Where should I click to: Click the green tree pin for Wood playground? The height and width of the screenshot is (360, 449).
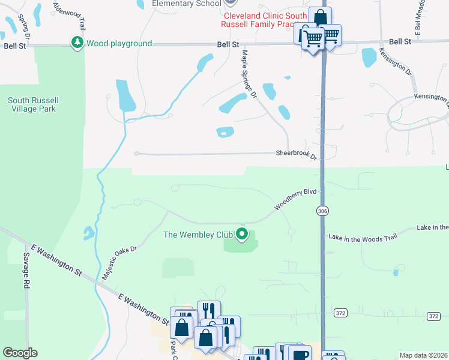tap(77, 43)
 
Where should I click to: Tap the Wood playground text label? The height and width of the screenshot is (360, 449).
tap(119, 43)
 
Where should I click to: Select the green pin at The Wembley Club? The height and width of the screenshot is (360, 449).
tap(242, 233)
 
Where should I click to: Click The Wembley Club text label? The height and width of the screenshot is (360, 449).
tap(199, 235)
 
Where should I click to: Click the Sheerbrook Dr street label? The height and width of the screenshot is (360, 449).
tap(296, 154)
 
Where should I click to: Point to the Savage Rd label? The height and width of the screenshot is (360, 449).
tap(26, 265)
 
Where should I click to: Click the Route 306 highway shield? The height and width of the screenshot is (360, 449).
tap(323, 211)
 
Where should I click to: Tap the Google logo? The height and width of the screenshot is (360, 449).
tap(20, 353)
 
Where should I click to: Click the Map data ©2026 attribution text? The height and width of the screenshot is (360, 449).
tap(423, 355)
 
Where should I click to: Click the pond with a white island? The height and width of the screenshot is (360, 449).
tap(225, 132)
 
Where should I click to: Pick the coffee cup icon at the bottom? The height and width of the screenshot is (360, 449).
tap(300, 354)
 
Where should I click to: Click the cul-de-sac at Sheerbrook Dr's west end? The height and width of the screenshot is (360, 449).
tap(137, 154)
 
